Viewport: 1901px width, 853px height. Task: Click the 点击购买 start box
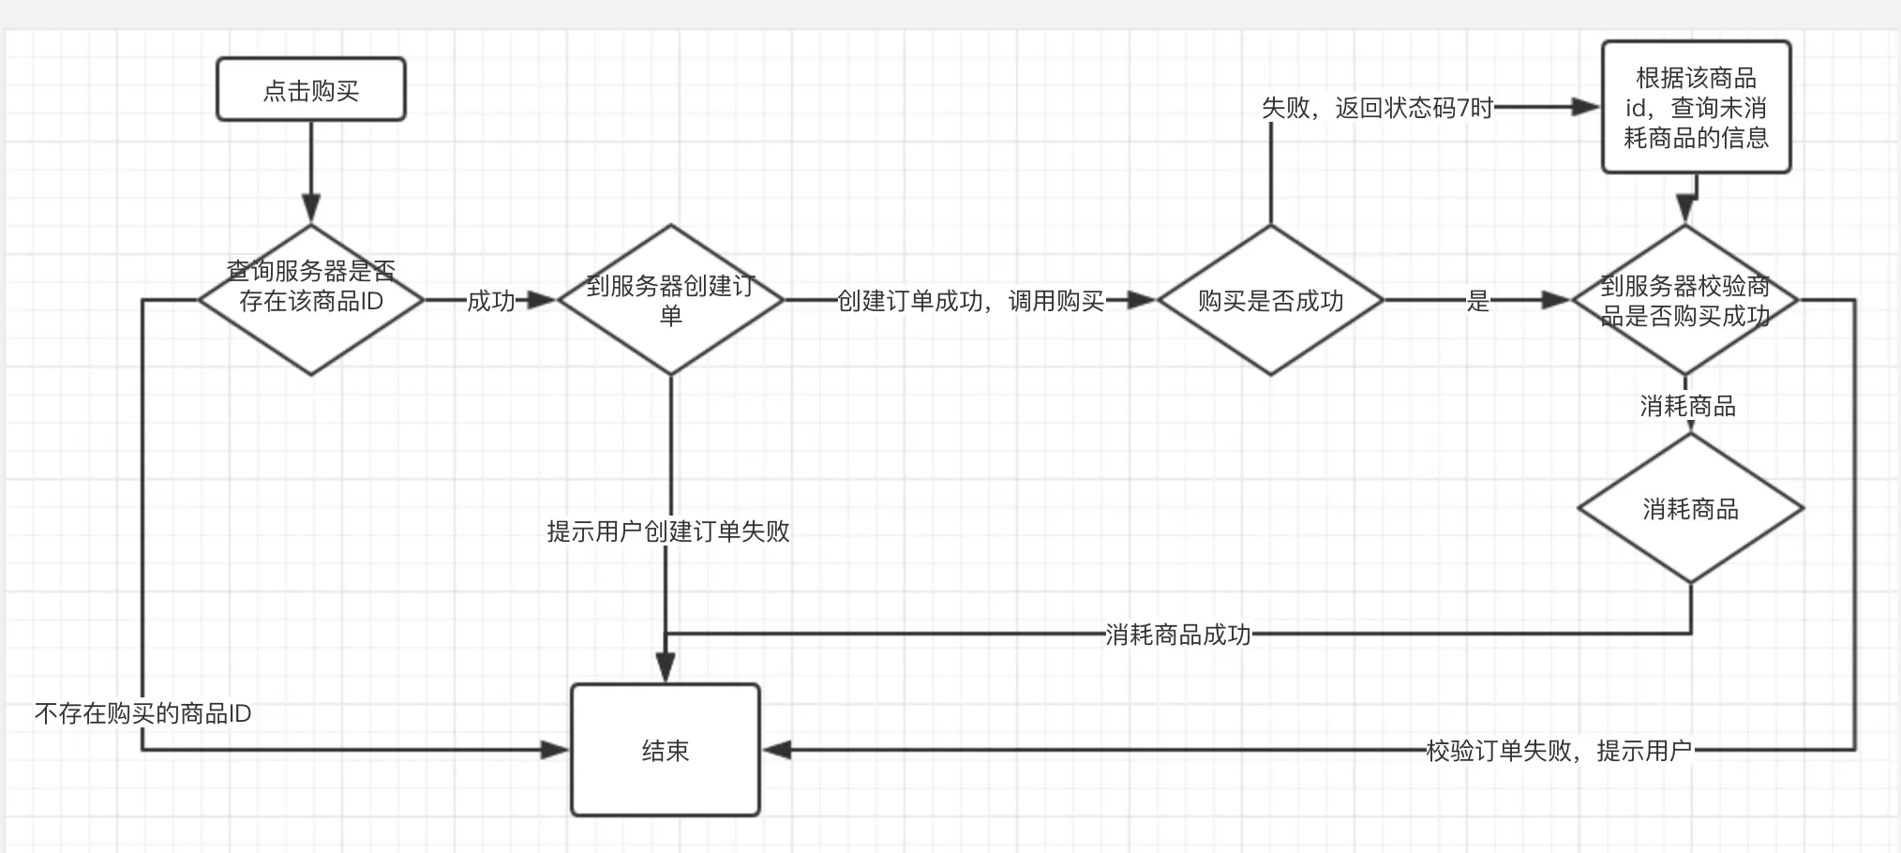[x=310, y=90]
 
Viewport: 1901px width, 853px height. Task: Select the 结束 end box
[x=665, y=750]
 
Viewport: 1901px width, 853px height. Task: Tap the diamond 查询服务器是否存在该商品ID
[x=310, y=300]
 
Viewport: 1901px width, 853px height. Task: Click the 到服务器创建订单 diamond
[x=670, y=300]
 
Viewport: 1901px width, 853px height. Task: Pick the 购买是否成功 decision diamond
[x=1270, y=300]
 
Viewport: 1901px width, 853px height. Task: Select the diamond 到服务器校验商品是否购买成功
[x=1684, y=300]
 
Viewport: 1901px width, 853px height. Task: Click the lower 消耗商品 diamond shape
[x=1690, y=509]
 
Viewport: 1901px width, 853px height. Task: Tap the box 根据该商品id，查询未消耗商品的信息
[x=1696, y=107]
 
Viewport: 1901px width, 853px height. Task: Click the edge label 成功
[x=490, y=301]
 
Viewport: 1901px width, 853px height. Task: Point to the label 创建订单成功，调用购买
[x=970, y=301]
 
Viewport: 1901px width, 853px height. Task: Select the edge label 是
[x=1477, y=301]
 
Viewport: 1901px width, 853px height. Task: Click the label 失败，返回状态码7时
[x=1376, y=108]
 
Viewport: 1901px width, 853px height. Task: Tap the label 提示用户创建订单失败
[x=667, y=531]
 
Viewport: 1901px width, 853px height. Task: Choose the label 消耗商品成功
[x=1177, y=635]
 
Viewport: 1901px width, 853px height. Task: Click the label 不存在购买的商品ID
[x=142, y=713]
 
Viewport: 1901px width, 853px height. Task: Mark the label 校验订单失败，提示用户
[x=1558, y=751]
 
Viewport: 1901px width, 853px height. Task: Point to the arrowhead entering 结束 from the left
[x=556, y=750]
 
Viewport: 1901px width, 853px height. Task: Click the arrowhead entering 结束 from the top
[x=666, y=668]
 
